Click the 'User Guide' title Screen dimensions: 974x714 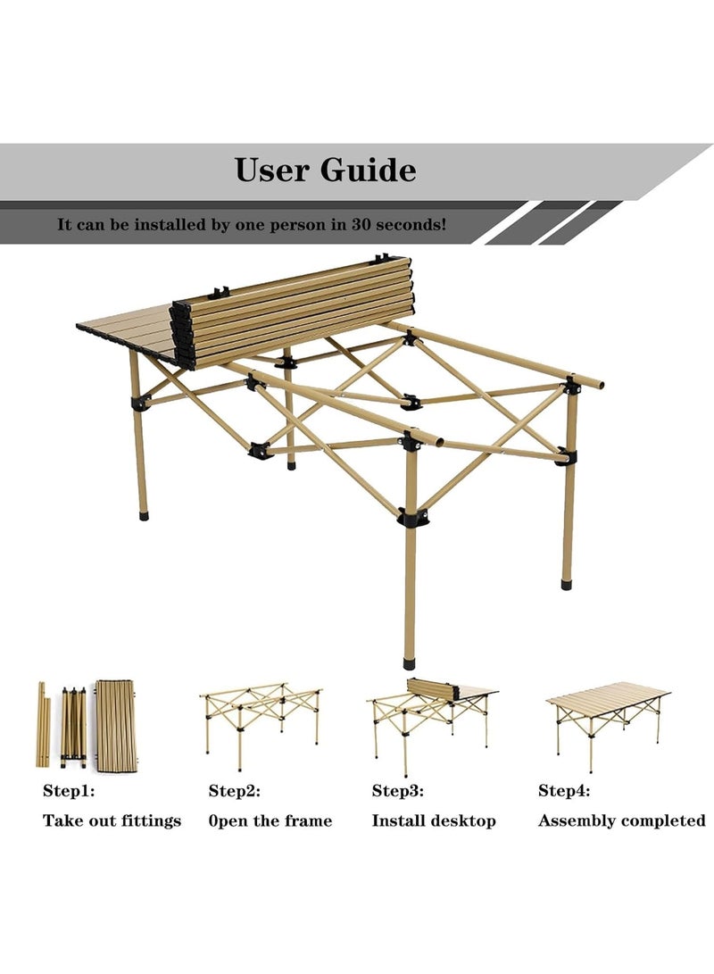coord(325,170)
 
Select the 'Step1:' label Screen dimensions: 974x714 coord(69,790)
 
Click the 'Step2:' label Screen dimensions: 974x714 coord(235,790)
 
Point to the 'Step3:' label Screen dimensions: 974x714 coord(398,790)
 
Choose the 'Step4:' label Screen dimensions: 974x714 coord(564,790)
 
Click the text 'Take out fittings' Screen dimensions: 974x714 coord(112,820)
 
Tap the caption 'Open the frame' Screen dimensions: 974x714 coord(270,820)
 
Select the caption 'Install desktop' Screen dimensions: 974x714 coord(434,820)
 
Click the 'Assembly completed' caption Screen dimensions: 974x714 coord(621,820)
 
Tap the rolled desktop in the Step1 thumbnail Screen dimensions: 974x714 coord(117,725)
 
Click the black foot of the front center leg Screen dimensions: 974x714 coord(410,664)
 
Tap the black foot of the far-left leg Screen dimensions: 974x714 coord(143,515)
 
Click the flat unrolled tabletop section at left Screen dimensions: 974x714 coord(125,330)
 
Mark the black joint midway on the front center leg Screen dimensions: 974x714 coord(411,517)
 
